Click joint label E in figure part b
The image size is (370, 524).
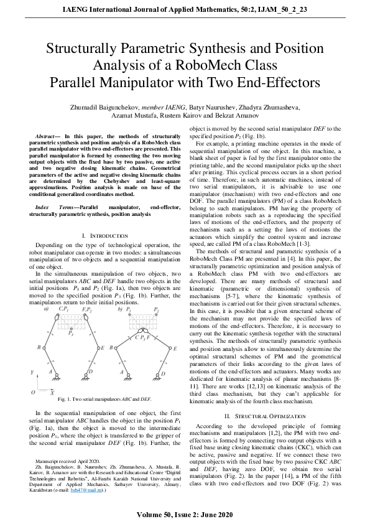pyautogui.click(x=175, y=349)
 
